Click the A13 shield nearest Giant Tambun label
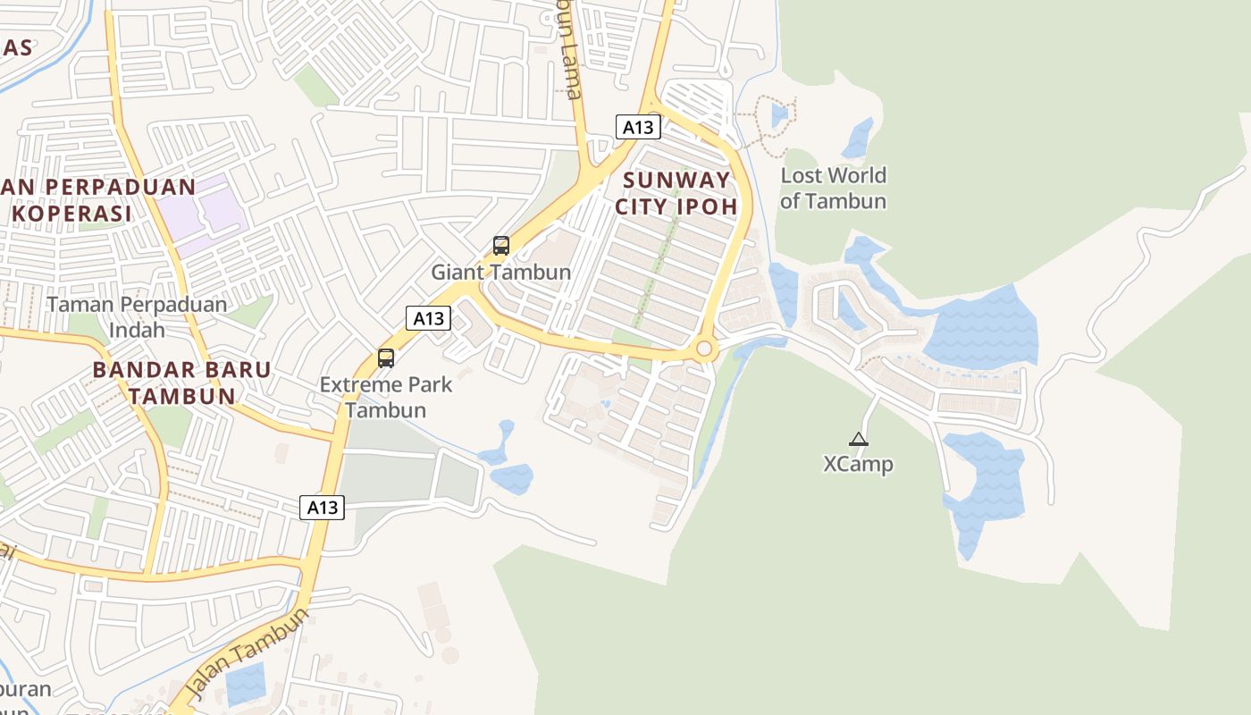(x=428, y=318)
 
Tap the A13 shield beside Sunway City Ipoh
(x=638, y=127)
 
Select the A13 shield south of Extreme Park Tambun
(x=322, y=508)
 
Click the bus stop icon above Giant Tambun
(x=501, y=246)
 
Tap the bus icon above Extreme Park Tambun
(x=386, y=358)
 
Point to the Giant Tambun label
(x=500, y=272)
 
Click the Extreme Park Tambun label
(x=386, y=398)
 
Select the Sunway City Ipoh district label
(x=676, y=193)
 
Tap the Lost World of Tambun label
(x=833, y=188)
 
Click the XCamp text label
(x=858, y=465)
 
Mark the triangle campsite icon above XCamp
(x=858, y=439)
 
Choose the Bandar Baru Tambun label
(x=181, y=383)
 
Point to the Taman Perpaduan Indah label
(x=137, y=316)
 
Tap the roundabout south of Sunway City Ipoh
(x=704, y=349)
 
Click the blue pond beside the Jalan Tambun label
(x=246, y=685)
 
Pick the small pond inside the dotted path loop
(x=779, y=115)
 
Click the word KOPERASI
(x=72, y=214)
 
